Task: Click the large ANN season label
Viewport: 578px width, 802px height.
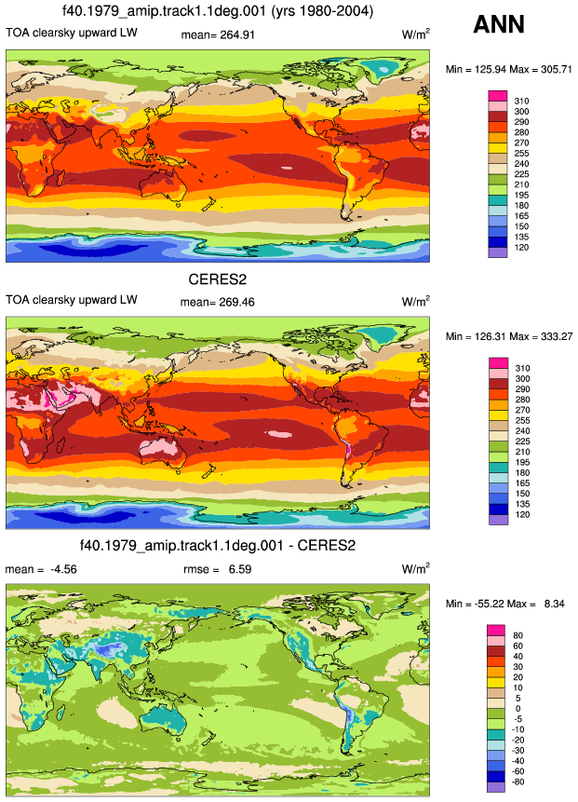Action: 499,24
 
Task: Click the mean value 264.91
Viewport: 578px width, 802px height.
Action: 237,34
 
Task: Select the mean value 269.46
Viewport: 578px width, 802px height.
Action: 236,302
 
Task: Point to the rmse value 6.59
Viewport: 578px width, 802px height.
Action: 240,569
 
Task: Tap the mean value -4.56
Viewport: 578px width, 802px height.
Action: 63,569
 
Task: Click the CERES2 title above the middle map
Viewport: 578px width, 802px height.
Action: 218,279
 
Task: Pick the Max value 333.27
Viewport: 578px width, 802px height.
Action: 556,336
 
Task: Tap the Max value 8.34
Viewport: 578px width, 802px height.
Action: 555,604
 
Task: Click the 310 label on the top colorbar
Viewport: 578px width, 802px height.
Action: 522,102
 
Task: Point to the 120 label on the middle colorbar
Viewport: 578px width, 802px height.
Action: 522,514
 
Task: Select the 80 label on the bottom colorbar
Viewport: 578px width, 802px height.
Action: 518,635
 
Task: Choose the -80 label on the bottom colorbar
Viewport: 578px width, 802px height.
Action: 518,782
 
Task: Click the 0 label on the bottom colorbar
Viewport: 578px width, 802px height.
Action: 518,709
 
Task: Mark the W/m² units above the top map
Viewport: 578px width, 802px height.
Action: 415,34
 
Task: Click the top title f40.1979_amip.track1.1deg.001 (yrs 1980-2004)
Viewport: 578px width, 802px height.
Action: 218,11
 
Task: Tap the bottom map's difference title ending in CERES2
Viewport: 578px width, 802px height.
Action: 218,546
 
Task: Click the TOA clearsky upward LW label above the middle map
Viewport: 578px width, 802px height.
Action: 72,300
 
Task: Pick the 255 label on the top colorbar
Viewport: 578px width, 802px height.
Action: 522,154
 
